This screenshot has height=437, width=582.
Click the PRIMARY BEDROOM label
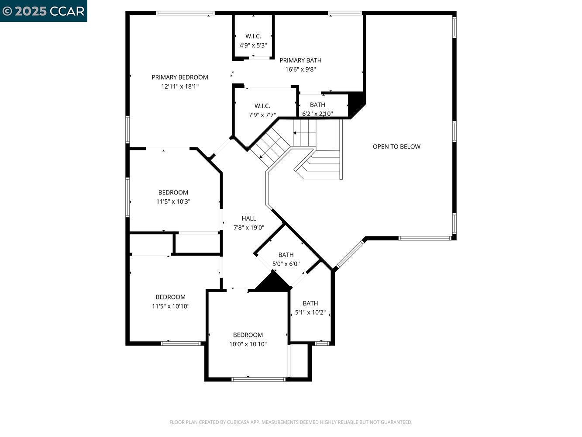coord(179,77)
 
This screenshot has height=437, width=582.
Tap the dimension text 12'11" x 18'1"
coord(179,87)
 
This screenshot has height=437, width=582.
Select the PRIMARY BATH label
coord(300,60)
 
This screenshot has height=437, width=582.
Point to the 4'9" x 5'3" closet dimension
coord(253,45)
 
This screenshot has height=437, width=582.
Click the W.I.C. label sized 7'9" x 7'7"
coord(262,106)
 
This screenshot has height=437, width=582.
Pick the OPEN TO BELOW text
coord(396,146)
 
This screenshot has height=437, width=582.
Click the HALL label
coord(249,218)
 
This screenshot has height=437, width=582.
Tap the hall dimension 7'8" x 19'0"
coord(249,227)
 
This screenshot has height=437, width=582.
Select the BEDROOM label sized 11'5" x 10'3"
coord(173,192)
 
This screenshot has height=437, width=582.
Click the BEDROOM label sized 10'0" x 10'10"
coord(248,335)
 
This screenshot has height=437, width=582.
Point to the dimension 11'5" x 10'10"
coord(170,306)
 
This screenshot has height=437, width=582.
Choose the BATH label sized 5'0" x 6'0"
coord(286,255)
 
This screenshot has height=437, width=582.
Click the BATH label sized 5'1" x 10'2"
coord(310,303)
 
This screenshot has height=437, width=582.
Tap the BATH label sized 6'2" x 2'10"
coord(317,105)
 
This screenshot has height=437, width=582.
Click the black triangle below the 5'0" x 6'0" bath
coord(273,283)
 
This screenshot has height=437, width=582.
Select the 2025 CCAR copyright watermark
coord(43,11)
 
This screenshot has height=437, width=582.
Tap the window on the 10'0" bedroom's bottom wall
coord(258,379)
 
